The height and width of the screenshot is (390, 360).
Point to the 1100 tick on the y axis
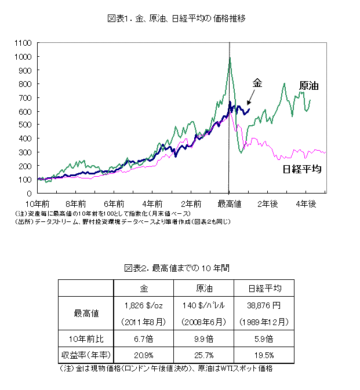click(23, 43)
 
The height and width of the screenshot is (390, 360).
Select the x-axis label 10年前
click(38, 203)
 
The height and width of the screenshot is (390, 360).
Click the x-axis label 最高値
click(230, 203)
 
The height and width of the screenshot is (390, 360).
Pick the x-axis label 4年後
click(306, 203)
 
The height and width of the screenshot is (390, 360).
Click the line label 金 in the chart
click(257, 83)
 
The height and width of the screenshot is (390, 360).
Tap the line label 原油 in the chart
click(310, 86)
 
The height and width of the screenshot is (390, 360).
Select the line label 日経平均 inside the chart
click(302, 169)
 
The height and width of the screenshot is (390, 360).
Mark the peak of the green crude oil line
click(230, 57)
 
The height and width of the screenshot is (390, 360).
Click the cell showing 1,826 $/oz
click(143, 305)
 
